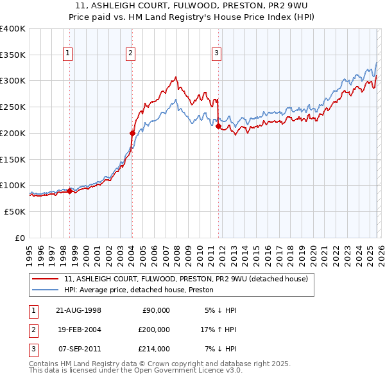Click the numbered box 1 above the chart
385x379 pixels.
(68, 53)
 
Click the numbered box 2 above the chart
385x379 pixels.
(130, 53)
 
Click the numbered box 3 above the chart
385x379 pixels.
(216, 53)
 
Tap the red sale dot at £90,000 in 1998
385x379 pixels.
(70, 190)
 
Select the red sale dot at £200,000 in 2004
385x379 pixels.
(132, 134)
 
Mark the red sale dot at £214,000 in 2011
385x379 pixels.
(218, 127)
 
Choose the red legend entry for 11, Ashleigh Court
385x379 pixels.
(186, 279)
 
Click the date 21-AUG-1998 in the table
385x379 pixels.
(78, 310)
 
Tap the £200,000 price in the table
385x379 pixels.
(154, 330)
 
